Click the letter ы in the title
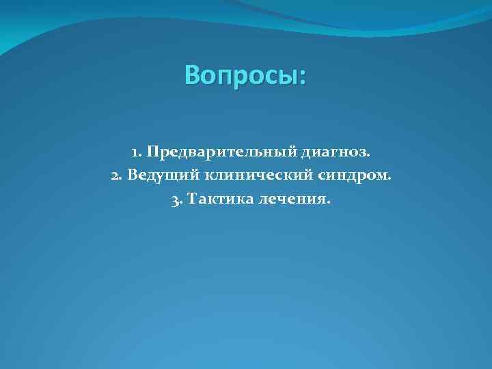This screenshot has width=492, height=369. [x=288, y=77]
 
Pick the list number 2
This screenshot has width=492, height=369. [x=114, y=176]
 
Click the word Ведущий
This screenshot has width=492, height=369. [x=162, y=176]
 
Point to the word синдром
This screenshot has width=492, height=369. [x=353, y=176]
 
